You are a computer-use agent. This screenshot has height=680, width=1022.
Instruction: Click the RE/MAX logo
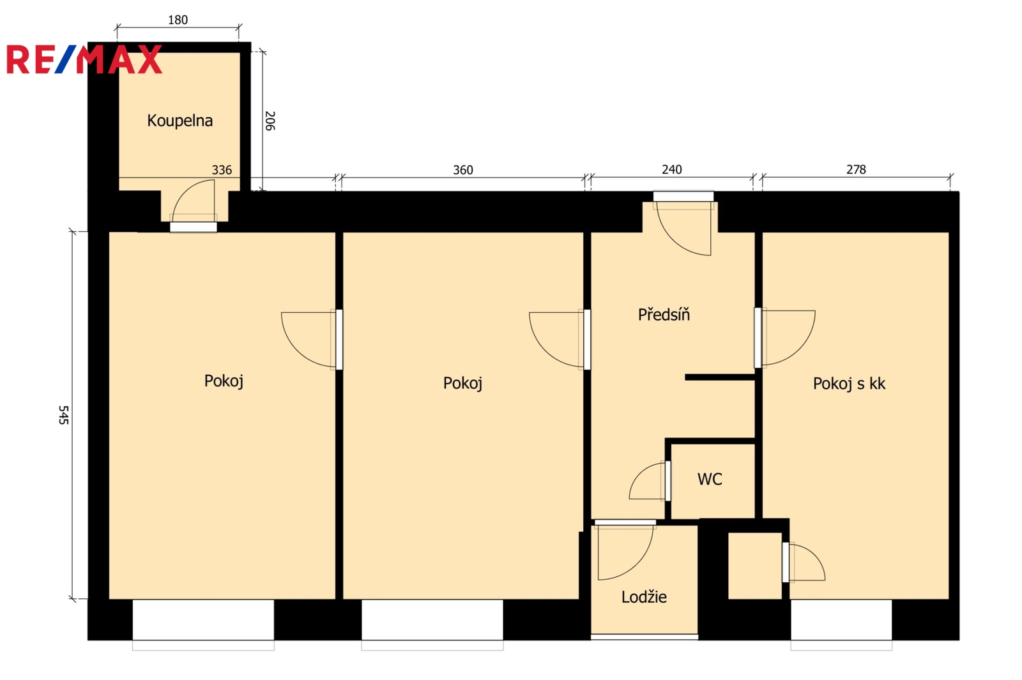[84, 59]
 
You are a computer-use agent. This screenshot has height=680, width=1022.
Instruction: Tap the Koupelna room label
[179, 121]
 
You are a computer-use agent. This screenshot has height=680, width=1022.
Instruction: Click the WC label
[710, 479]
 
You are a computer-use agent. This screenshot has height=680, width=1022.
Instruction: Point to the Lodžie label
[644, 596]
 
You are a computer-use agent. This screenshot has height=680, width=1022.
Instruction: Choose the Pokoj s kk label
[849, 384]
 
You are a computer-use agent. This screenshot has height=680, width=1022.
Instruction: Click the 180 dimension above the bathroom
[178, 20]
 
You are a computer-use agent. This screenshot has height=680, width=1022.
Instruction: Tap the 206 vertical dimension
[270, 121]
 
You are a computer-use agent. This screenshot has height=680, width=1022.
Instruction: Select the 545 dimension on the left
[63, 415]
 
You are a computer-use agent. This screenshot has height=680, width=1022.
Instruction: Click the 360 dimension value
[462, 170]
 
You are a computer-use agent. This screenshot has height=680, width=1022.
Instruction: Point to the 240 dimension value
[671, 170]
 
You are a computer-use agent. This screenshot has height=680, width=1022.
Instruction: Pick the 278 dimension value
[856, 170]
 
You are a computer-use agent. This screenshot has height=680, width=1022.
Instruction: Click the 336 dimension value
[222, 170]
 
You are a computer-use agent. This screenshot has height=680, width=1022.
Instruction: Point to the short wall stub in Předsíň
[720, 377]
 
